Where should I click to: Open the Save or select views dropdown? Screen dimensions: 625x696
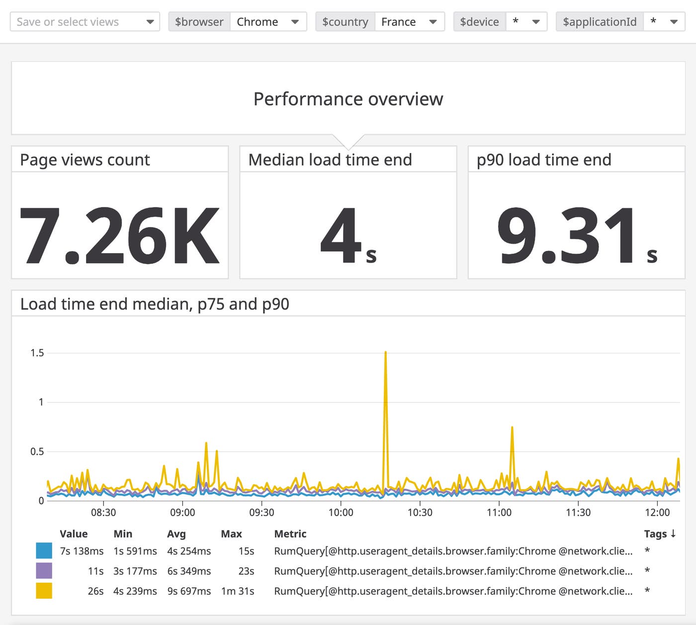pyautogui.click(x=85, y=22)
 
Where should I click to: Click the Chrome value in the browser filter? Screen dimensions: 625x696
pyautogui.click(x=258, y=22)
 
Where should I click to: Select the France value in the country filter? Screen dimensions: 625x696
pyautogui.click(x=398, y=22)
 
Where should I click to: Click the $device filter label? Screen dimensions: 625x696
pyautogui.click(x=479, y=22)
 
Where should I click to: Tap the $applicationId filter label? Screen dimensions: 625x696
pyautogui.click(x=599, y=22)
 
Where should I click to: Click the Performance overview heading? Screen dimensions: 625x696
pyautogui.click(x=348, y=99)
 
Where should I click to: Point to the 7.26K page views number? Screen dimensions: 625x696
pyautogui.click(x=119, y=236)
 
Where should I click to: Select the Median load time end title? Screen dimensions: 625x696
pyautogui.click(x=330, y=160)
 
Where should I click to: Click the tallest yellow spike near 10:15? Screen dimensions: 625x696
pyautogui.click(x=385, y=353)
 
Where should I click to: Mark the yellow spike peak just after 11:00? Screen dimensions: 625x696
pyautogui.click(x=512, y=428)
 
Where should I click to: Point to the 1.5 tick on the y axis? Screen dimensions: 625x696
pyautogui.click(x=37, y=353)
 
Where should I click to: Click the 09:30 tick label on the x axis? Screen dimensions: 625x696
pyautogui.click(x=261, y=513)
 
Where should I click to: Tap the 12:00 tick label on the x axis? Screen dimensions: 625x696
pyautogui.click(x=657, y=513)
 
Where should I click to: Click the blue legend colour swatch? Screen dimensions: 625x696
pyautogui.click(x=44, y=551)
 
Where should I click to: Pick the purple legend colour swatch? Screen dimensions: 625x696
pyautogui.click(x=44, y=571)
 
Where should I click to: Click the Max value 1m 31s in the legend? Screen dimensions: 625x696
pyautogui.click(x=238, y=591)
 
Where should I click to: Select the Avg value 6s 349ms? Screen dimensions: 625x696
pyautogui.click(x=189, y=571)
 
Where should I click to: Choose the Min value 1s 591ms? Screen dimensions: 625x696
pyautogui.click(x=135, y=551)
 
